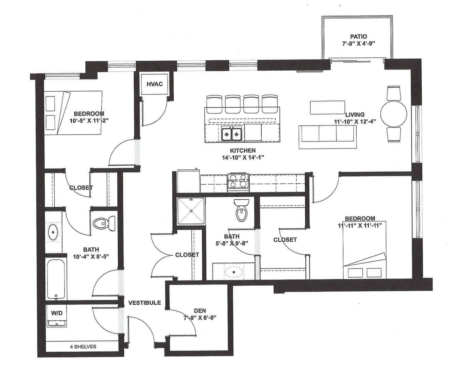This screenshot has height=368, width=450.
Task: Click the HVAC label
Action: point(155,84)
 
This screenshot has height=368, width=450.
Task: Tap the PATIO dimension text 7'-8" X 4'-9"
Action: point(358,44)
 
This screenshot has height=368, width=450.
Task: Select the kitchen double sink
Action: point(232,134)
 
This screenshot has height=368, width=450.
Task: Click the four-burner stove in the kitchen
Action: point(238,181)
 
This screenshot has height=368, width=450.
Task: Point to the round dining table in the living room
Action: point(394,114)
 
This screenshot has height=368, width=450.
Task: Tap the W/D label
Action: point(57,313)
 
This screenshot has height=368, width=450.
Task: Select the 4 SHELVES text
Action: point(83,347)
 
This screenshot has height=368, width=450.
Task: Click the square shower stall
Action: point(191,211)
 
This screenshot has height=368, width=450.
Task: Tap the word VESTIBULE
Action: point(144,303)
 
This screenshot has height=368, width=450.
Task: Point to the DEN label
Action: point(200,310)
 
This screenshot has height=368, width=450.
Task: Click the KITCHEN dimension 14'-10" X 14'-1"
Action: point(243,157)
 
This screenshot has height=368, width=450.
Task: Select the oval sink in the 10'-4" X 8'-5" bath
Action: point(53,232)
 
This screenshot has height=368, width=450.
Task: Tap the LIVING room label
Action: point(354,114)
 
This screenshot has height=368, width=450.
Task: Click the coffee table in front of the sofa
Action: point(327,107)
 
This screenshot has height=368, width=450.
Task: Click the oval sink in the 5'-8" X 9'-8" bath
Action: point(233,272)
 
